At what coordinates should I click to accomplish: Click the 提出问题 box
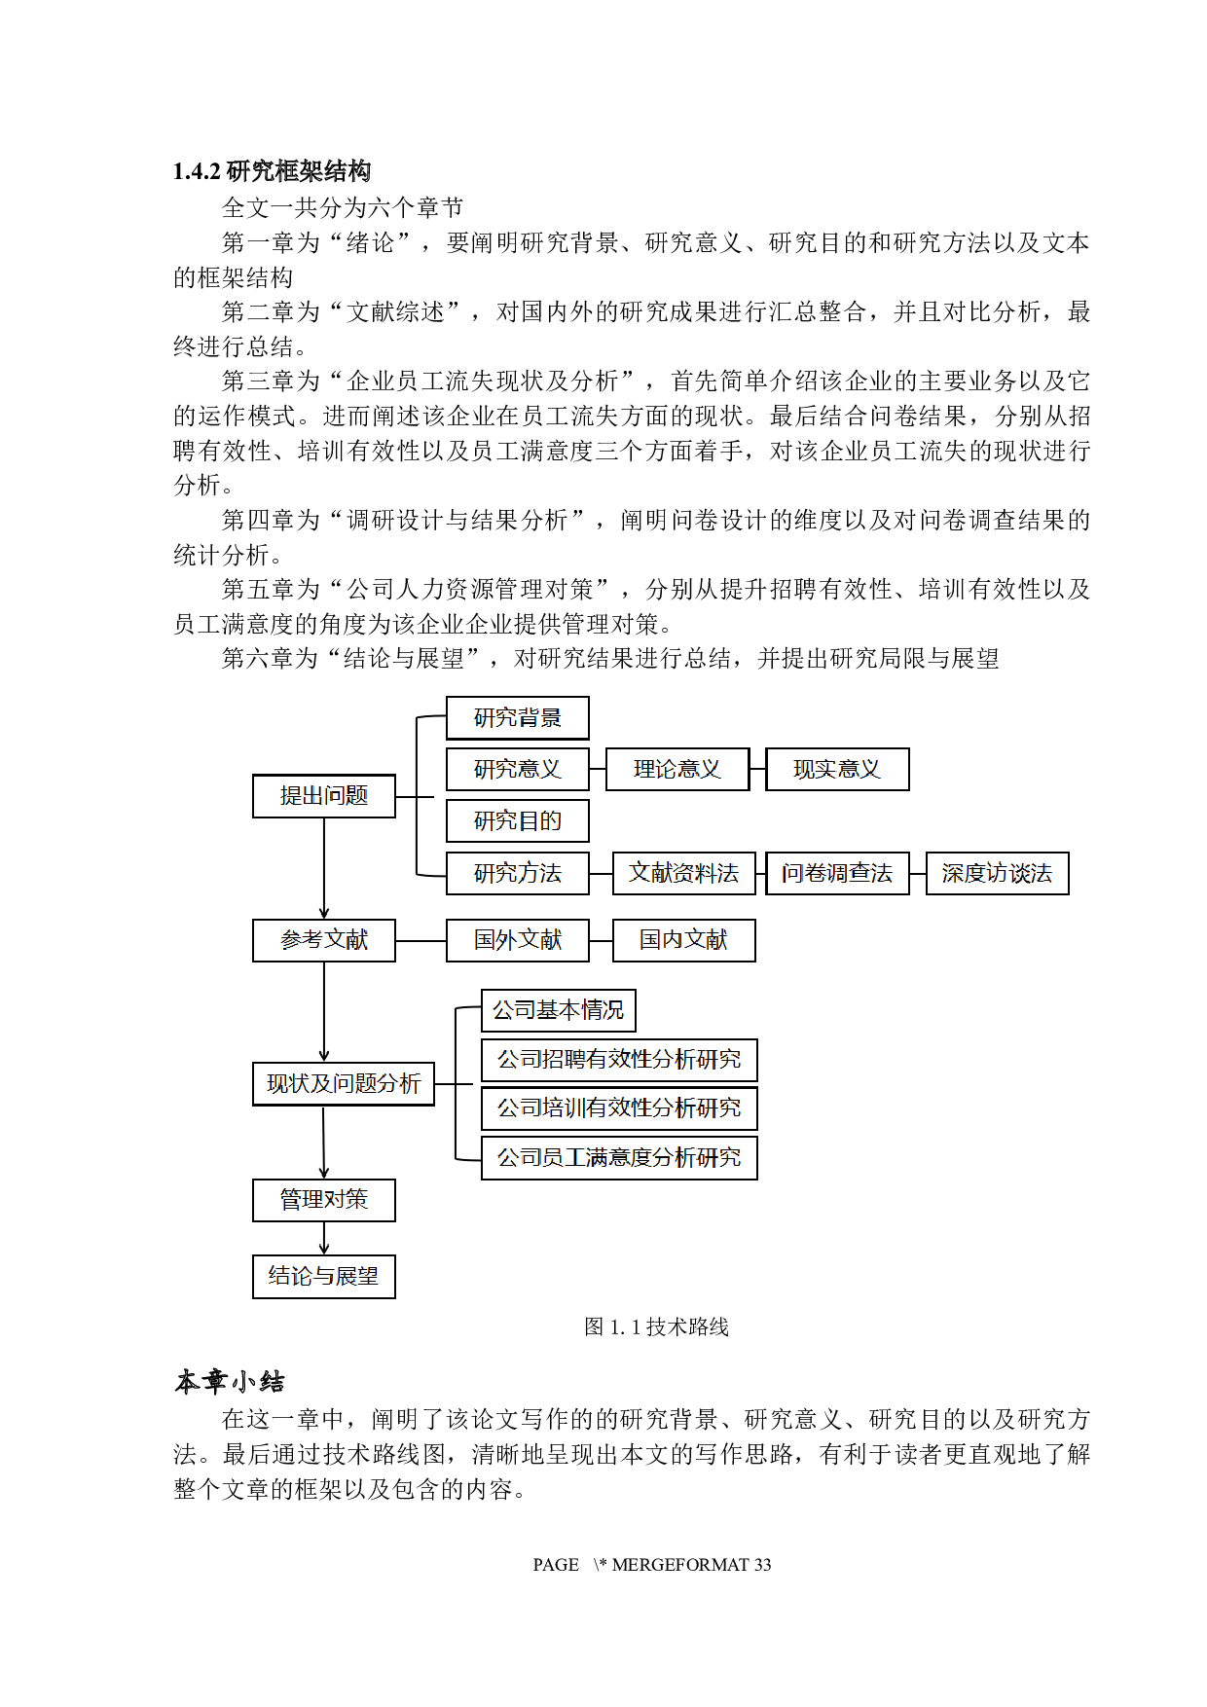coord(324,796)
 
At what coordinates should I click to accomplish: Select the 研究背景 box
coord(517,718)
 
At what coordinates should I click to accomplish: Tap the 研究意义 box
coord(517,770)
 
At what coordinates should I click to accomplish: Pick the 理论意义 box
coord(677,770)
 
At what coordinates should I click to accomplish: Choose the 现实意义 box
coord(837,770)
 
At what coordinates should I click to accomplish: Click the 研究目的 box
coord(517,821)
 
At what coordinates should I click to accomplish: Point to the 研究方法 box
coord(517,873)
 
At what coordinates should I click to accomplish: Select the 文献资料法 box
coord(683,873)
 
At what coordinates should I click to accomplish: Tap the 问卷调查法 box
coord(837,873)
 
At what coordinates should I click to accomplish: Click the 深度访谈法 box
coord(997,873)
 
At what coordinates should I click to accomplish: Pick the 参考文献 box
coord(324,940)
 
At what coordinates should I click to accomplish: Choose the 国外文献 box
coord(517,940)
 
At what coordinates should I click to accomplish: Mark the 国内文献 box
coord(683,940)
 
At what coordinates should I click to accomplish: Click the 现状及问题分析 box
coord(344,1084)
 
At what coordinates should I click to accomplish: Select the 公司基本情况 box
coord(558,1011)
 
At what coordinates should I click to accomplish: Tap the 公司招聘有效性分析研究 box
coord(619,1060)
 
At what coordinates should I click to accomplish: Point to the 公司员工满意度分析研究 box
coord(619,1158)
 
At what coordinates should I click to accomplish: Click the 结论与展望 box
coord(324,1277)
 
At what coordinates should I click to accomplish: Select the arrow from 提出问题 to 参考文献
coord(324,868)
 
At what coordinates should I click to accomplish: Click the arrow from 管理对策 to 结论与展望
coord(324,1238)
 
